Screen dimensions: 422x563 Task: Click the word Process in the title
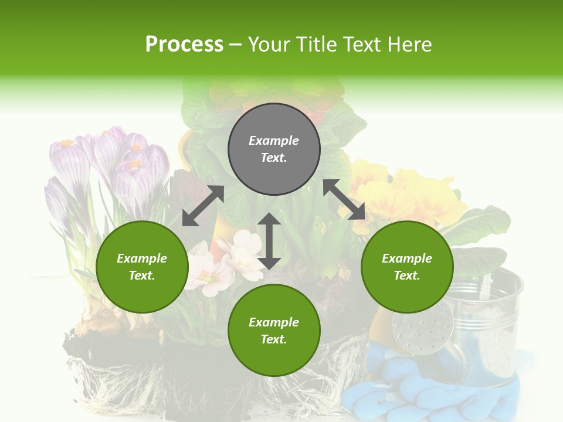184,44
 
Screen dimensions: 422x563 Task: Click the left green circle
142,267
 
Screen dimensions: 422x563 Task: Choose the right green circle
407,267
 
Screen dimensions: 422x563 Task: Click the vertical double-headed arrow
269,241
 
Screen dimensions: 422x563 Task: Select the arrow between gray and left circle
203,206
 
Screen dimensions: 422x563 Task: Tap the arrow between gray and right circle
344,199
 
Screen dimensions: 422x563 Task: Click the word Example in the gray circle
274,140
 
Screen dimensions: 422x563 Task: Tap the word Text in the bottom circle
274,339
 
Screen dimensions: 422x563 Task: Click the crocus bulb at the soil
106,319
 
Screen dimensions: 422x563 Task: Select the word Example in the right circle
407,258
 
